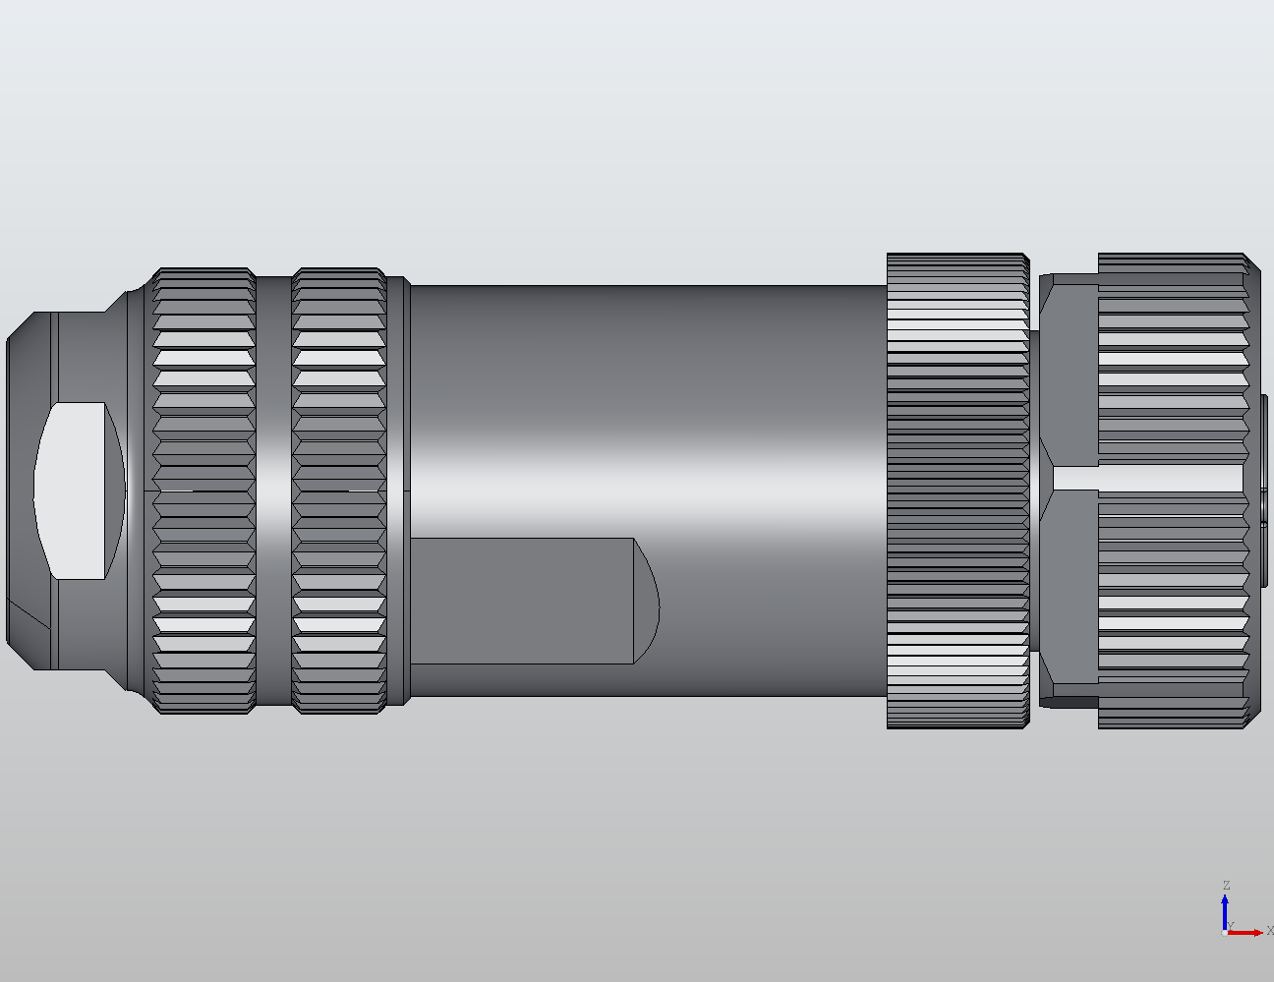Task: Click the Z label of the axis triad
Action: point(1226,886)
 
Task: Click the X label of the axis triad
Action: point(1269,930)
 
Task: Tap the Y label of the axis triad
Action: point(1231,925)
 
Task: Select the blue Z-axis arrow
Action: point(1225,908)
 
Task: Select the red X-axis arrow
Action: point(1246,932)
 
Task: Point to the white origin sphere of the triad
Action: point(1224,932)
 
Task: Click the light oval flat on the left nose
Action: point(79,490)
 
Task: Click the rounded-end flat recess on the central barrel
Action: point(531,600)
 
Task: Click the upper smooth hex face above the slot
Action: point(1069,374)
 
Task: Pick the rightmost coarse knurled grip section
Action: point(1172,374)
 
